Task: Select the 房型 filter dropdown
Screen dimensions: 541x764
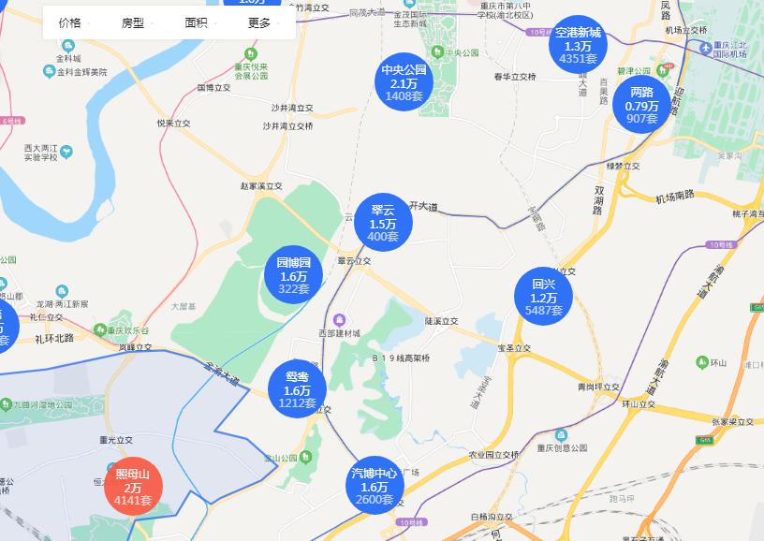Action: tap(136, 22)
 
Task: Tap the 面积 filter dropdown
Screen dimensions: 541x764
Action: tap(199, 22)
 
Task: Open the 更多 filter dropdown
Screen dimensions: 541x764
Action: tap(262, 22)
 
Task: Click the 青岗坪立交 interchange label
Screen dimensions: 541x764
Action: tap(598, 386)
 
